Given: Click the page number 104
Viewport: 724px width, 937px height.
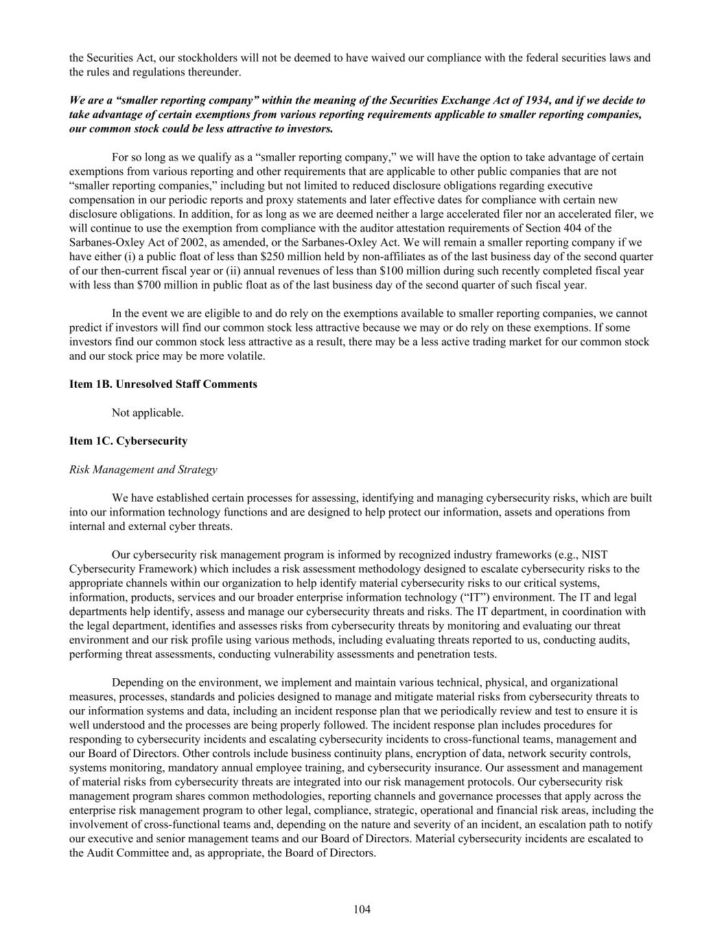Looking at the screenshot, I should pos(362,910).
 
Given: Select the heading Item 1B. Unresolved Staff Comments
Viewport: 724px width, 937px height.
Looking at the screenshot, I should pos(163,384).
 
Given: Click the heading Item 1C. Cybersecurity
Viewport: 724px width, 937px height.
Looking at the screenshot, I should pos(128,441).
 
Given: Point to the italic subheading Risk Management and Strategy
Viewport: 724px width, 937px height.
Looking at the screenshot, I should pos(143,470).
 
